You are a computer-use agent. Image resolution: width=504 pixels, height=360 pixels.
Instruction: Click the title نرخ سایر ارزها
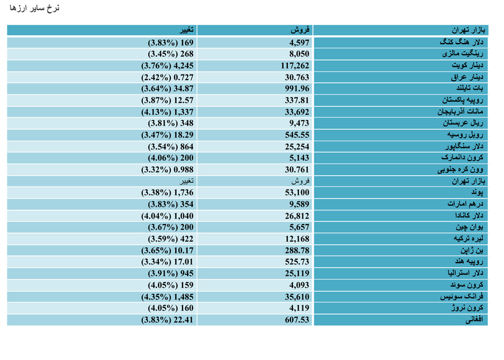point(34,8)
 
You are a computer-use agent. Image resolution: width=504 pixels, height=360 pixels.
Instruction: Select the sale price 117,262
point(295,66)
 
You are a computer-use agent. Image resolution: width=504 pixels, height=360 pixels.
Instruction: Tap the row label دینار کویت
point(468,66)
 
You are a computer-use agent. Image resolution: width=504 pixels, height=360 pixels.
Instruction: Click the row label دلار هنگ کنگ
point(461,42)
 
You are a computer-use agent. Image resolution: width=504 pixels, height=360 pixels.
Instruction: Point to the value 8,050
point(299,54)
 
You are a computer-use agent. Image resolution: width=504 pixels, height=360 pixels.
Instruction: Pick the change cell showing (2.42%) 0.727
point(167,77)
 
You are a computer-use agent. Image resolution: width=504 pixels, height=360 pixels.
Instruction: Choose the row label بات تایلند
point(470,88)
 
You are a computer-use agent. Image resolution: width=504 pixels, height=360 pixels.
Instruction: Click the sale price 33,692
point(297,112)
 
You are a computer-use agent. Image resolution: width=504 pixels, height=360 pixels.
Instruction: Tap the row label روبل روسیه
point(465,135)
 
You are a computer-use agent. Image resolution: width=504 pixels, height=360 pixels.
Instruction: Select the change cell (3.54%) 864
point(171,147)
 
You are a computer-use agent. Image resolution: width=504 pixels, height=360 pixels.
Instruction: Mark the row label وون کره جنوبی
point(460,170)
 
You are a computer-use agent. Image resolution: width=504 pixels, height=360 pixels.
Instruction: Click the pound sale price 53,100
point(297,193)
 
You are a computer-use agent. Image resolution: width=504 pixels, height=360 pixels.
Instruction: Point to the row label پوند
point(477,193)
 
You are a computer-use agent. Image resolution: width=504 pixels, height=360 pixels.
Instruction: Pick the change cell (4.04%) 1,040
point(167,216)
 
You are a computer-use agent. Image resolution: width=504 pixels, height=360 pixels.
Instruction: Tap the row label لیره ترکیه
point(468,239)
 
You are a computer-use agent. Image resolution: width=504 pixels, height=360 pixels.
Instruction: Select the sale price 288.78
point(297,250)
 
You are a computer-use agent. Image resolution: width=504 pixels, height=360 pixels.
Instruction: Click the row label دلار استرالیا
point(465,273)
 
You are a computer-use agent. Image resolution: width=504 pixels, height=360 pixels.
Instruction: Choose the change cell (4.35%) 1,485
point(167,297)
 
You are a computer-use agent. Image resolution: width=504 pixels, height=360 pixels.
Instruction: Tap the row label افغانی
point(474,320)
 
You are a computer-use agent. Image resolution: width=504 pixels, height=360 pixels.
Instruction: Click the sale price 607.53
point(297,320)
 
